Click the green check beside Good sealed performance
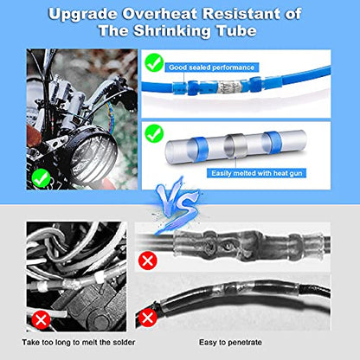coord(156,62)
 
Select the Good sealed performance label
coord(212,66)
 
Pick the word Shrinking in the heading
coord(183,35)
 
